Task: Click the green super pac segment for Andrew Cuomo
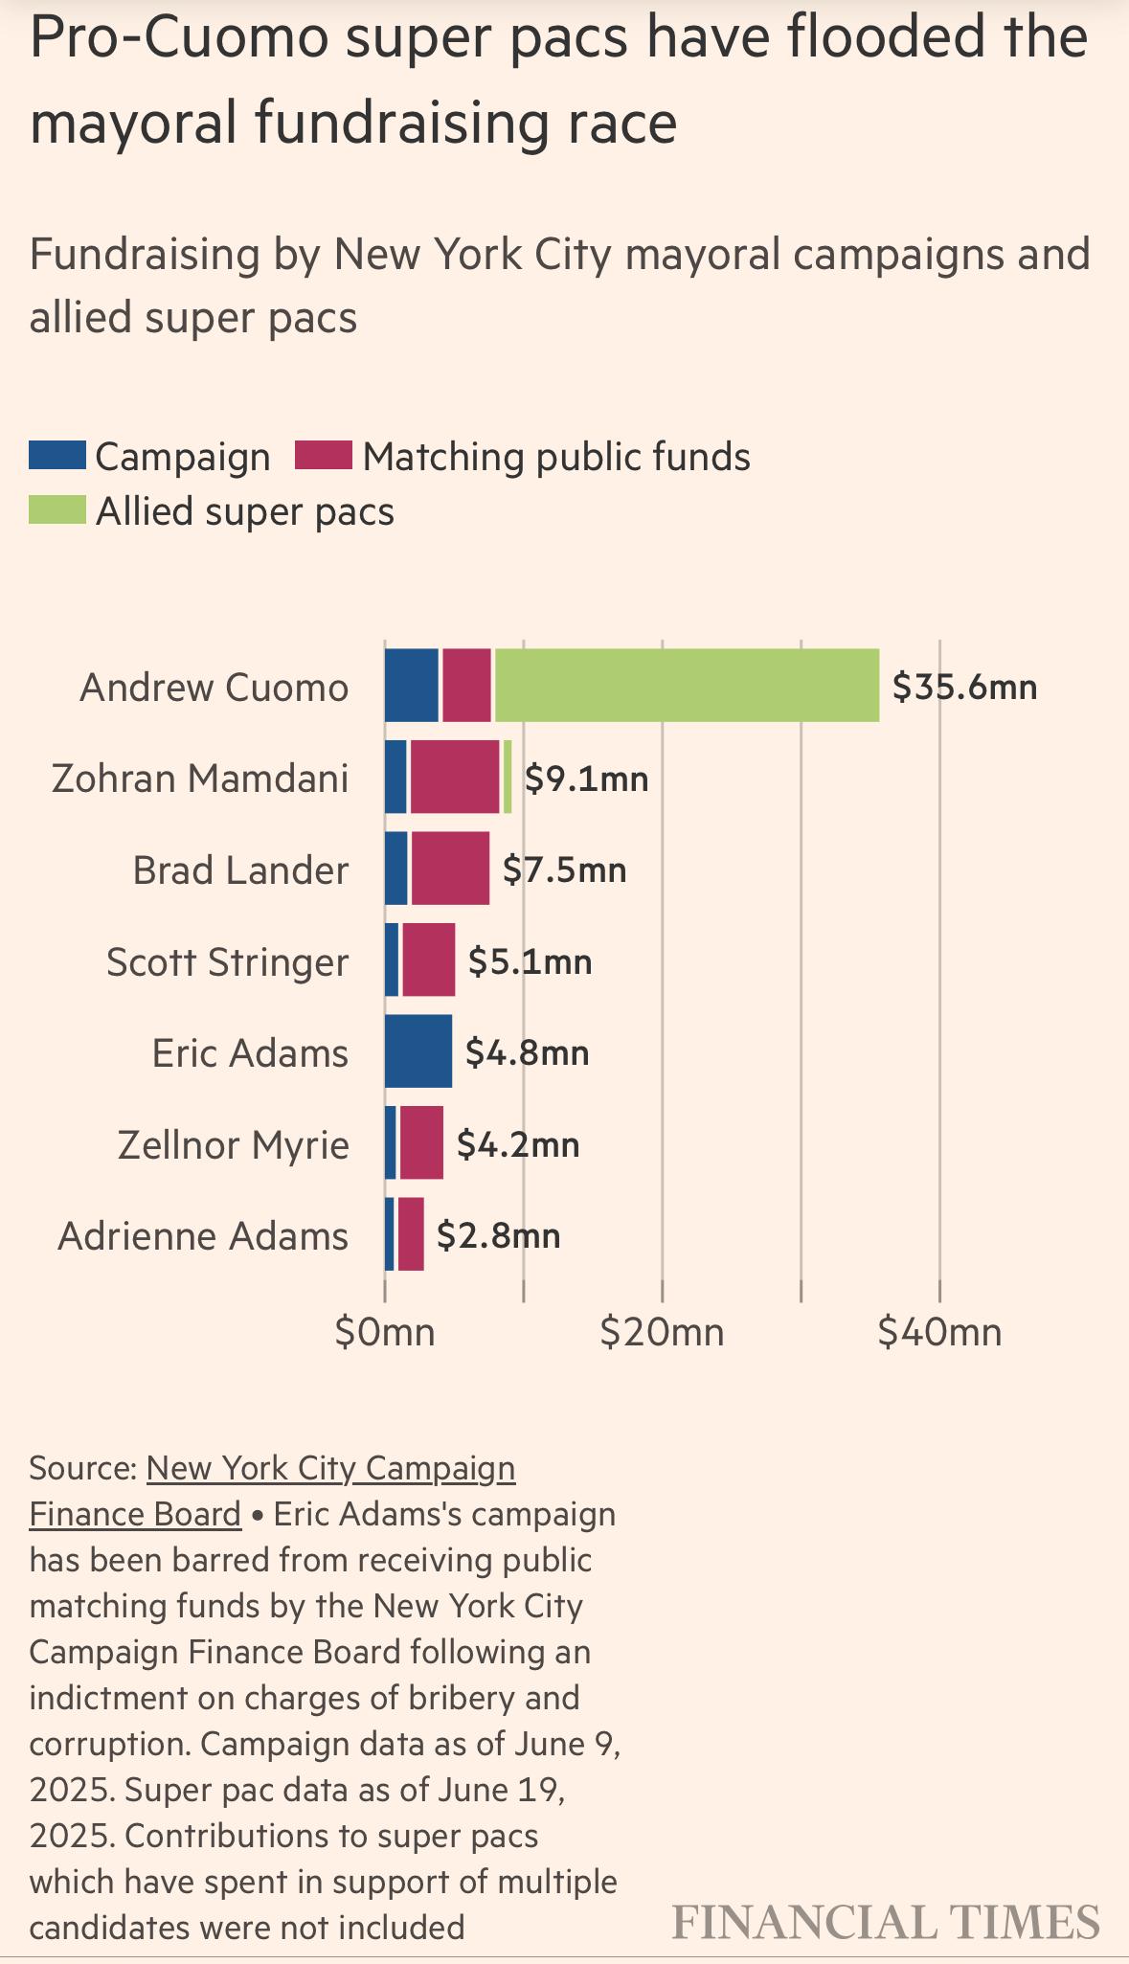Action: tap(687, 685)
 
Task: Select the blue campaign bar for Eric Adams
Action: tap(418, 1050)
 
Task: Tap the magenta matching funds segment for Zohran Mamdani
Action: tap(455, 777)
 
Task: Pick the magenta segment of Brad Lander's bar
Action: tap(450, 868)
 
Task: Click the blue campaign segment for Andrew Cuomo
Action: tap(412, 685)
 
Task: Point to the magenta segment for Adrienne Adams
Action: tap(411, 1233)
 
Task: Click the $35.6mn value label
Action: tap(964, 687)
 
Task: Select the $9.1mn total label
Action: tap(586, 779)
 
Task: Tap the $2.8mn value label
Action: tap(498, 1235)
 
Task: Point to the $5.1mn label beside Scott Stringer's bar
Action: tap(530, 961)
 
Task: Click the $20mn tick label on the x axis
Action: tap(662, 1332)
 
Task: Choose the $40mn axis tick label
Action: tap(939, 1332)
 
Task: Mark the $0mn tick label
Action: tap(385, 1332)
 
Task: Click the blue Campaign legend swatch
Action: tap(57, 456)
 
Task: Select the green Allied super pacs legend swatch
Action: tap(57, 509)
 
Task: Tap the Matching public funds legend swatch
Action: tap(324, 456)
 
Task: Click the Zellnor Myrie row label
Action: tap(234, 1145)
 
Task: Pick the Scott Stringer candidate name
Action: tap(228, 962)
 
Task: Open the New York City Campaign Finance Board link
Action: tap(273, 1491)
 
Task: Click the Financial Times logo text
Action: tap(886, 1922)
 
